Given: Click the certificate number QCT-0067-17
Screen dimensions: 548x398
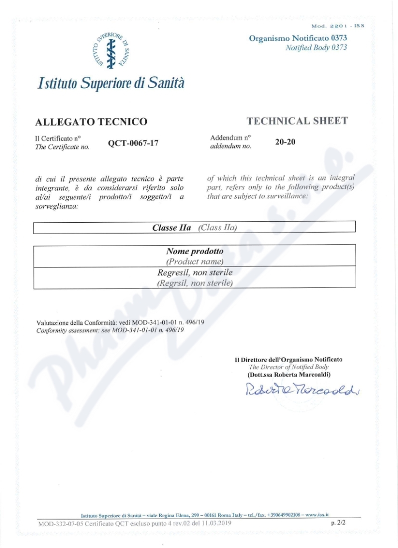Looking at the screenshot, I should [133, 143].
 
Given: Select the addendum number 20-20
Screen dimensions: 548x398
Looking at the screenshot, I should [285, 142].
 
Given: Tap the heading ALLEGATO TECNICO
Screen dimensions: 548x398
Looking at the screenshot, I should [92, 122].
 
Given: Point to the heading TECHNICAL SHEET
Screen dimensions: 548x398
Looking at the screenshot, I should [297, 121].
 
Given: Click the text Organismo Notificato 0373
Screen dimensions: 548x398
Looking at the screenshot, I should [298, 38].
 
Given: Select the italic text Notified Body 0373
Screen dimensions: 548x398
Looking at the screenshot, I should [316, 47].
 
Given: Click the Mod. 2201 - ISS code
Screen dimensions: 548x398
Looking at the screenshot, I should [338, 25].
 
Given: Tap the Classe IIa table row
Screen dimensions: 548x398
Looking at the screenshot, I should [194, 228].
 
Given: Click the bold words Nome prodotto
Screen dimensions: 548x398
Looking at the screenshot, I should [195, 252].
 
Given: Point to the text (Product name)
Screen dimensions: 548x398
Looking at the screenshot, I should [195, 261].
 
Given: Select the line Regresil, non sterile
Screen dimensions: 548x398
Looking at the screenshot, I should [195, 273].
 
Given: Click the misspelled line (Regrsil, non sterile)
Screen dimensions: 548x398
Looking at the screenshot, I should [195, 283].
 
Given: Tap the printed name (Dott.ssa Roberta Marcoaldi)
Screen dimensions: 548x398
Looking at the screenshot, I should [289, 374].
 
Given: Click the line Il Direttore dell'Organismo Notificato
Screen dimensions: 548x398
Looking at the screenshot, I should [289, 359].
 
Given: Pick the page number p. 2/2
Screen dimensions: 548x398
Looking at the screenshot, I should [338, 523].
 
